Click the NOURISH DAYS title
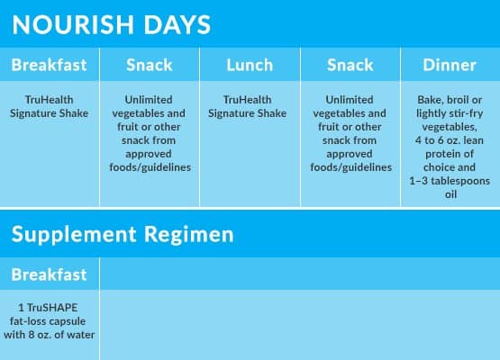112,24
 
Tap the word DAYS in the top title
177,24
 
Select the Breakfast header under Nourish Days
49,65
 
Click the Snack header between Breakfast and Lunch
150,65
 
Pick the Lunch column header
250,65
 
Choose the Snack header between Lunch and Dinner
350,65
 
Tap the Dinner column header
450,65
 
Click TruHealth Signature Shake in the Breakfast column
50,106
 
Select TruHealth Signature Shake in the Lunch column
248,106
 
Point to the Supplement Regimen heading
123,235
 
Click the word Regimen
189,236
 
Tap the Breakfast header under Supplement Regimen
49,274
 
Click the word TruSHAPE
52,308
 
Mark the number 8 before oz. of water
32,335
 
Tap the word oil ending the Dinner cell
450,194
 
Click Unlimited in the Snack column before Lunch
149,100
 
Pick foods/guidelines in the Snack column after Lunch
351,167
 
